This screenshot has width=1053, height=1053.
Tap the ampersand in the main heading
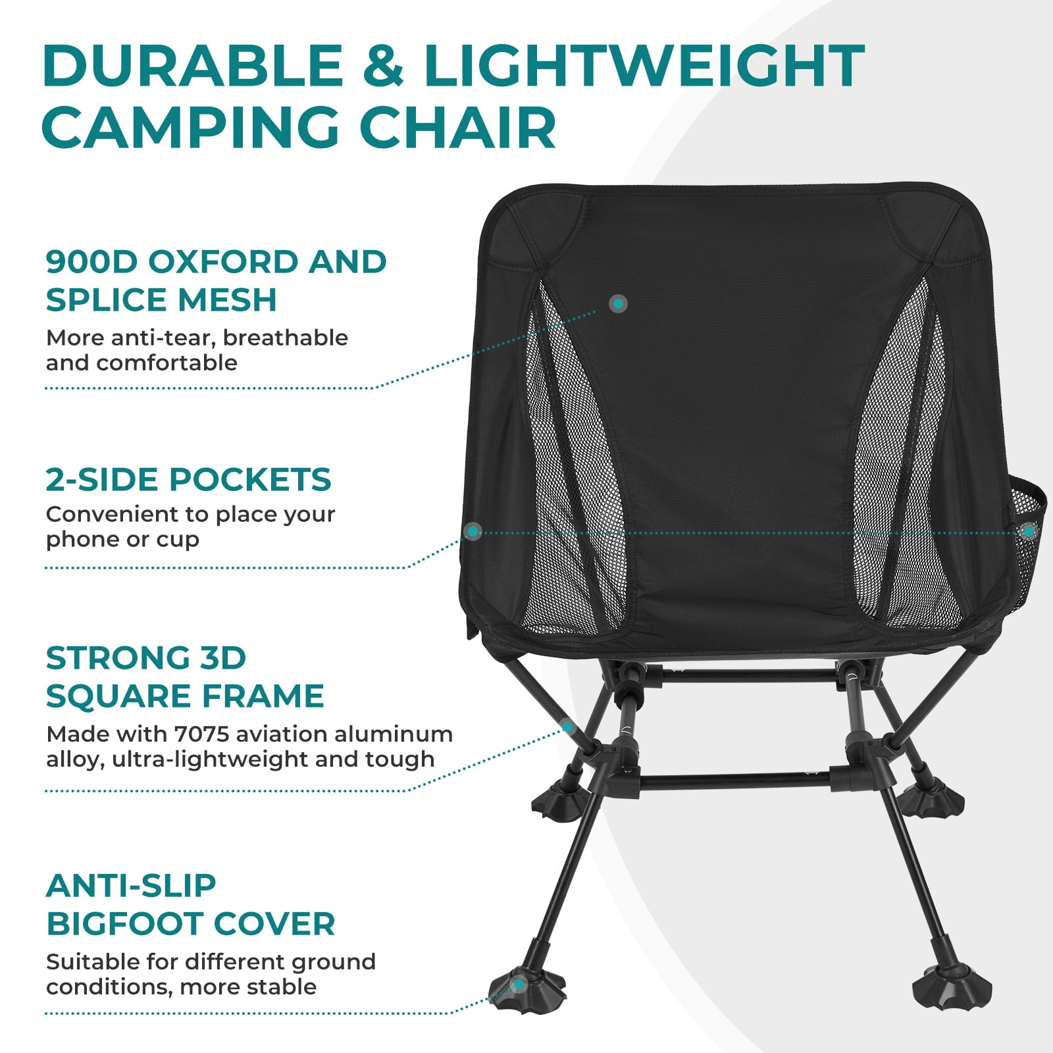tap(383, 66)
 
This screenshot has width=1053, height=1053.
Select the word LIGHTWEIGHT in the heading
tap(644, 66)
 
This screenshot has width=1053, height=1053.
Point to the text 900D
tap(91, 262)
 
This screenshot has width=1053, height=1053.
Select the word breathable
tap(285, 338)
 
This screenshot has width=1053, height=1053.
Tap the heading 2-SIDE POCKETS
tap(188, 479)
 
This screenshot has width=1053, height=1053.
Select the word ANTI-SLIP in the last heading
tap(131, 886)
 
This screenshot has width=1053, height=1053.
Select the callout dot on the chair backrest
tap(618, 303)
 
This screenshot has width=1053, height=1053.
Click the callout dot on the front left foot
tap(519, 985)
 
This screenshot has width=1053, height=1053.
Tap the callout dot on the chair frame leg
tap(567, 727)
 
